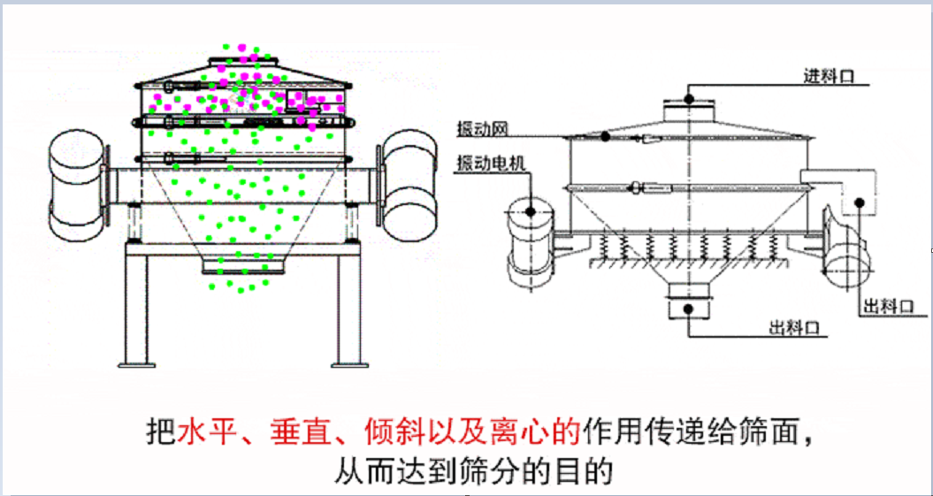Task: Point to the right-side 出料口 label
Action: (x=887, y=307)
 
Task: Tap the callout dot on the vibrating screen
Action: (x=606, y=137)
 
